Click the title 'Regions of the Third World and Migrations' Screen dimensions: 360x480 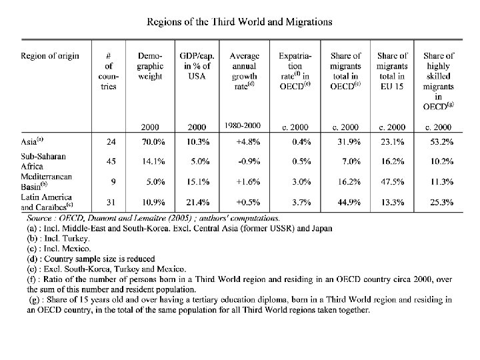(239, 21)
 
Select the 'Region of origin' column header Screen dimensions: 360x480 (50, 56)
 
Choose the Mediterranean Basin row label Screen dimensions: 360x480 (47, 180)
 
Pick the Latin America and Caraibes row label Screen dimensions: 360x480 (47, 201)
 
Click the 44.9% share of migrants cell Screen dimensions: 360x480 (345, 202)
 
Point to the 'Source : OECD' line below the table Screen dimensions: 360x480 (153, 217)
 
